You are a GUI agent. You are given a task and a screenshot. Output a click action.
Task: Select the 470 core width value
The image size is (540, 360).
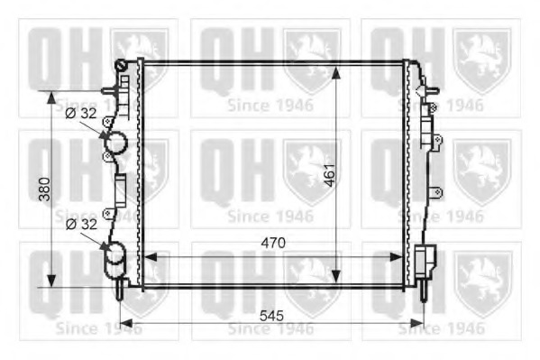pos(274,243)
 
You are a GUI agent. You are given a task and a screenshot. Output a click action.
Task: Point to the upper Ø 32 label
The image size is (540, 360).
pos(81,114)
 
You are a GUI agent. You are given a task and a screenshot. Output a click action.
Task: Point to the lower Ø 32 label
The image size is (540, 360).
pos(81,223)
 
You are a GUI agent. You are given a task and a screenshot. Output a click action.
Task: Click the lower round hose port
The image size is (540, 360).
pos(115,258)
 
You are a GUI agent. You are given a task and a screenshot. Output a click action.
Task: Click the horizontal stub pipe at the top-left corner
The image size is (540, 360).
pos(109,89)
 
